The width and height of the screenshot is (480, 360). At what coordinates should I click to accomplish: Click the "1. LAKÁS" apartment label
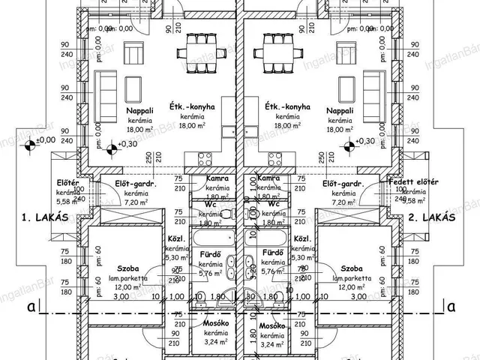coord(45,217)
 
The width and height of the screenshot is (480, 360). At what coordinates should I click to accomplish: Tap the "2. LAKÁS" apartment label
coord(433,217)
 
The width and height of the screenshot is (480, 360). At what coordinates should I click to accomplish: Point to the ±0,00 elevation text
coord(45,139)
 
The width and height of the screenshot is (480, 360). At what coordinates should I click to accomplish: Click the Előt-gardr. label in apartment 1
coord(134,184)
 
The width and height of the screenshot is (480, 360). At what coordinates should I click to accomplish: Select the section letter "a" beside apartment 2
coord(451,307)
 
